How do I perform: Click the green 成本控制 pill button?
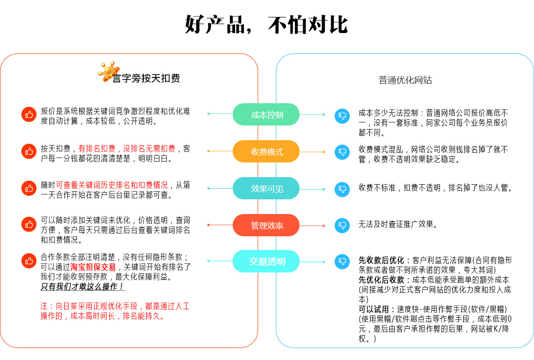coord(266,115)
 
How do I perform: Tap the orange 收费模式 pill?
coord(266,152)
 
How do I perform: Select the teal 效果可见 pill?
coord(266,189)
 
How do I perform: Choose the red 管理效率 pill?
coord(266,226)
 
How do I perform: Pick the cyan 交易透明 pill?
coord(266,262)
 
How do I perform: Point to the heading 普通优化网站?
coord(405,81)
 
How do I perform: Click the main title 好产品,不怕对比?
coord(266,25)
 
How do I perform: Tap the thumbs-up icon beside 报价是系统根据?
coord(29,114)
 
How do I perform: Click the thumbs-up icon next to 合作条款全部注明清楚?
coord(29,261)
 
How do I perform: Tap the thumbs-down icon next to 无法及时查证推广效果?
coord(342,225)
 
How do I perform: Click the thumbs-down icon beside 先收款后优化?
coord(342,261)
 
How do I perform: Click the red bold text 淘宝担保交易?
coord(93,267)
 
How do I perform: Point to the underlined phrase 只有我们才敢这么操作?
coord(83,287)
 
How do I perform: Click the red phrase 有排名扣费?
coord(97,148)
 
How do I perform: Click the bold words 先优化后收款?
coord(381,280)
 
